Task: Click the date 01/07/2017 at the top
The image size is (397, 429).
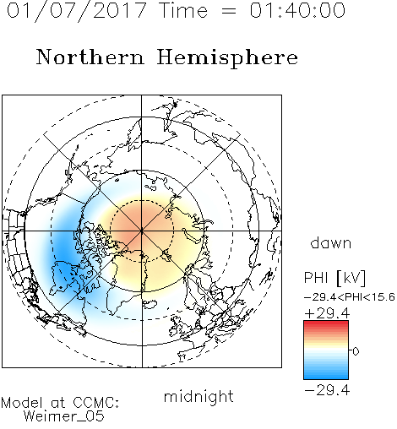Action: (x=76, y=11)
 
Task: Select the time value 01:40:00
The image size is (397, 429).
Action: (x=297, y=10)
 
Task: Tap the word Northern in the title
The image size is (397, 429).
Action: (x=90, y=57)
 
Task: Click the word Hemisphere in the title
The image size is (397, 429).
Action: (x=227, y=58)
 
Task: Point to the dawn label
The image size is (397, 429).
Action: (x=331, y=242)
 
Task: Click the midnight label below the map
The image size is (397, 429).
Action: (x=198, y=397)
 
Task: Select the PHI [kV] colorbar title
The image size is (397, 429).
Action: (x=334, y=278)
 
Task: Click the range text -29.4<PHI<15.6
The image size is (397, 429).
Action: (x=350, y=297)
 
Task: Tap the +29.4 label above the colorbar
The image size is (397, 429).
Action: (x=327, y=313)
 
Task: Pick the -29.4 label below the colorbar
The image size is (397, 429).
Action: (x=327, y=390)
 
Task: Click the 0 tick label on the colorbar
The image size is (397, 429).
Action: (x=356, y=351)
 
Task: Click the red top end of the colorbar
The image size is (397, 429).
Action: (x=326, y=323)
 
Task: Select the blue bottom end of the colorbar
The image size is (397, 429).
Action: (x=326, y=377)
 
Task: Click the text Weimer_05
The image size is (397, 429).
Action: (x=64, y=416)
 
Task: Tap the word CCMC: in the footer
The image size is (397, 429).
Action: (x=95, y=403)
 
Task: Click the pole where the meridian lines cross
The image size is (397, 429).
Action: (x=142, y=231)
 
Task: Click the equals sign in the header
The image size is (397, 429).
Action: (x=228, y=11)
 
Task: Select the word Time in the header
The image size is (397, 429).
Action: (x=183, y=10)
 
